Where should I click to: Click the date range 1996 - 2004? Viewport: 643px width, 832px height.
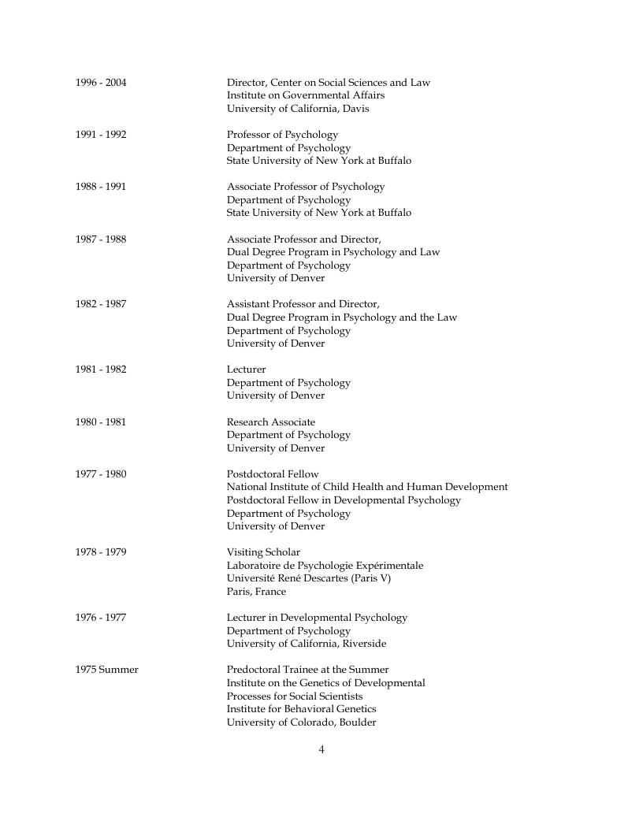point(101,83)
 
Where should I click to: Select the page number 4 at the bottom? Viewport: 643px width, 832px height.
point(321,749)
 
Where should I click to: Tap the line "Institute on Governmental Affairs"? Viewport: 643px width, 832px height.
point(306,95)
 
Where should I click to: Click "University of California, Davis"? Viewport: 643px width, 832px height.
point(298,109)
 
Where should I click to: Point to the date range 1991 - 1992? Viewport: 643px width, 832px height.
point(101,135)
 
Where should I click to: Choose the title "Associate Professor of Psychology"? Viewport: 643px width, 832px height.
point(306,187)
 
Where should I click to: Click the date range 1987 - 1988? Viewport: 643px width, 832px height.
point(101,239)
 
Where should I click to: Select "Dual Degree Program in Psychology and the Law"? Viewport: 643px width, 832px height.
point(342,318)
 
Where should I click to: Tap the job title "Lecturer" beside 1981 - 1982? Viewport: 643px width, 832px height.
point(247,370)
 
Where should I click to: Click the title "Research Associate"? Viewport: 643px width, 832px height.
point(271,422)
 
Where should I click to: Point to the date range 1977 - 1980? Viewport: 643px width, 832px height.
point(101,474)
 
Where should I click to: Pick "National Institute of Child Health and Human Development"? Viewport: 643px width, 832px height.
point(367,487)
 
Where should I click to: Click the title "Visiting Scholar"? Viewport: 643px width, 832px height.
point(263,552)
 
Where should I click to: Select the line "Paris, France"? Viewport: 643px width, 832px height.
point(257,591)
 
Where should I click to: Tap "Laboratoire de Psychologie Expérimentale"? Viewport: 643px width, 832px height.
point(325,565)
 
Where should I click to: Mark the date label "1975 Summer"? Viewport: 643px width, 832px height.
point(107,670)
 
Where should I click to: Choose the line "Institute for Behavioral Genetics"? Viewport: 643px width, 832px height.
point(302,709)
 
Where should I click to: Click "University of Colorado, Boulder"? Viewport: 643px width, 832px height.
point(302,722)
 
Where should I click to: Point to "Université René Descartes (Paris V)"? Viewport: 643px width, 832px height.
point(309,578)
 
